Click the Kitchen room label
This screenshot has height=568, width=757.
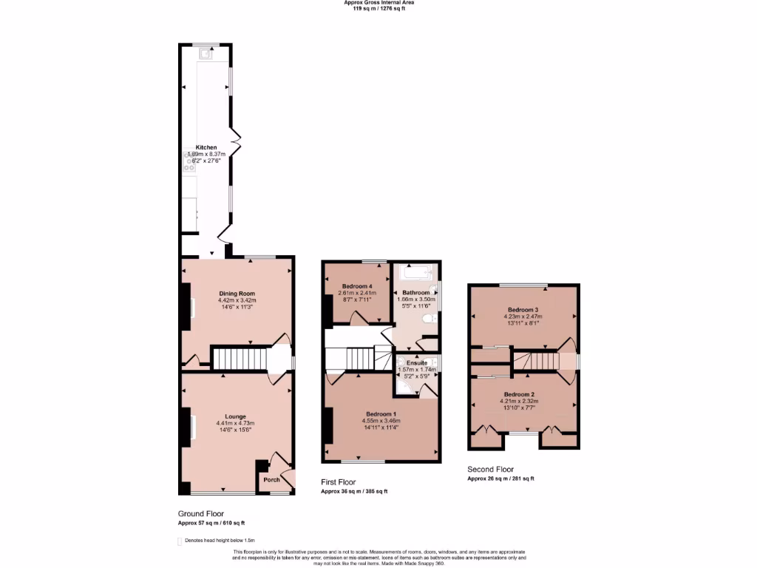(x=206, y=147)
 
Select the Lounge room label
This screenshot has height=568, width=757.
(x=237, y=416)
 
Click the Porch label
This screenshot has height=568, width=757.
(x=271, y=479)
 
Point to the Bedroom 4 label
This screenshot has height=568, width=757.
(x=356, y=286)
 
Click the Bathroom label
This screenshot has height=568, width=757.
(x=415, y=292)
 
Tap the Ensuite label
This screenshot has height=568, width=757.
(x=417, y=363)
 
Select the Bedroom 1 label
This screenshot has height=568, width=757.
(x=381, y=413)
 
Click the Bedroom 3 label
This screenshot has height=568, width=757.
(x=523, y=309)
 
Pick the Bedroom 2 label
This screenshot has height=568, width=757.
(x=521, y=394)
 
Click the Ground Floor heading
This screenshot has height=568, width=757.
(x=200, y=513)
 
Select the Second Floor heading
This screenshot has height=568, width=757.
(x=490, y=469)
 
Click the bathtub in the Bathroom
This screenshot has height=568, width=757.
(x=414, y=274)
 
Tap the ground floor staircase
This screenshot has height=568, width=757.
(x=238, y=359)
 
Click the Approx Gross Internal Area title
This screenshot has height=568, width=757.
(x=378, y=3)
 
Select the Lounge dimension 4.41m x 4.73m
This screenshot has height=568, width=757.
(x=237, y=423)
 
